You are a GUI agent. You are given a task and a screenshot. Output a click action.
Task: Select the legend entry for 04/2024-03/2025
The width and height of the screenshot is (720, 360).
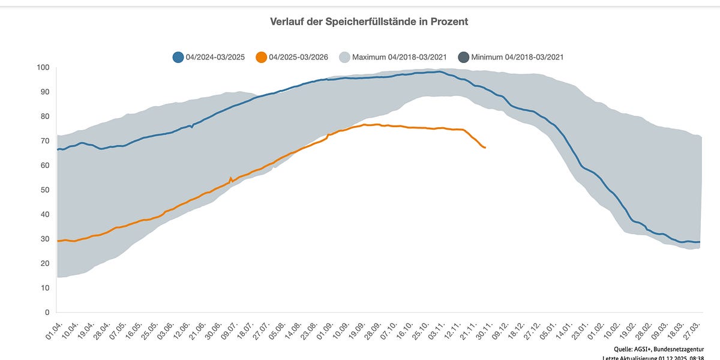[x=208, y=58]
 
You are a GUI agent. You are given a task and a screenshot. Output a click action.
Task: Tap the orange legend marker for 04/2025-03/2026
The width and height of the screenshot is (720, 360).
[x=261, y=58]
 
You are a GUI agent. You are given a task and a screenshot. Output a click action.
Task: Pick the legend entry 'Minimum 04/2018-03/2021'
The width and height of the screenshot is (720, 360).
[x=510, y=58]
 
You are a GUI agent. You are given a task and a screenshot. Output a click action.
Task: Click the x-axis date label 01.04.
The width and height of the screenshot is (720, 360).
[x=54, y=329]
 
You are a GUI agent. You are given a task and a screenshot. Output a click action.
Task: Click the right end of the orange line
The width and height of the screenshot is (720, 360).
[x=485, y=148]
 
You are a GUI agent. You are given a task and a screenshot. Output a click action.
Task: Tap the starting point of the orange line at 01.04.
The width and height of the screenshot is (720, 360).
[x=58, y=241]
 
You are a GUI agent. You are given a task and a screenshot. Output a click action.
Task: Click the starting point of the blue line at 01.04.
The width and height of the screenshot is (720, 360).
[x=58, y=149]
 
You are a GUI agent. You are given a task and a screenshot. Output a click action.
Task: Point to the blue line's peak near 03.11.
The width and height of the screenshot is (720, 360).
[x=439, y=71]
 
